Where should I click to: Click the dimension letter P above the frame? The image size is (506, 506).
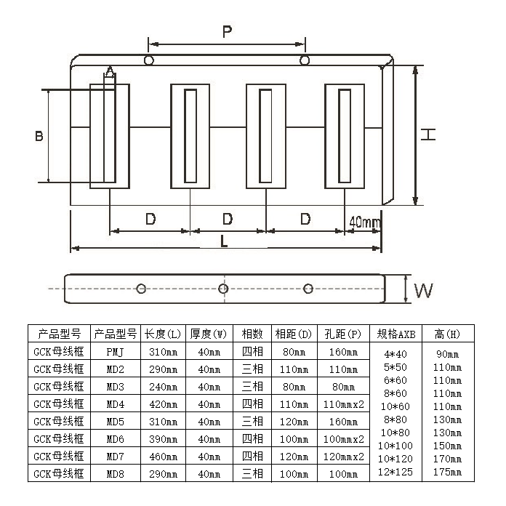(227, 31)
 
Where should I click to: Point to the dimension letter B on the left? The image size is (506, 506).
(39, 135)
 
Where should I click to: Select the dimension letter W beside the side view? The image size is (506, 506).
(424, 290)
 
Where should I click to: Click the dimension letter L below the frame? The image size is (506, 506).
(224, 241)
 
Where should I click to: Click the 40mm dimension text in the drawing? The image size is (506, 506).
(365, 221)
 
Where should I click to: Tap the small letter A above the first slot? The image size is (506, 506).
(110, 71)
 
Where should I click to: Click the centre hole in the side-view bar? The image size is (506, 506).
(224, 289)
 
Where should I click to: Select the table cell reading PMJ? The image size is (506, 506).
(116, 352)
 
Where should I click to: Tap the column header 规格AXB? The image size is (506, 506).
(396, 334)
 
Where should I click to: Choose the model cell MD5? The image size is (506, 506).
(116, 422)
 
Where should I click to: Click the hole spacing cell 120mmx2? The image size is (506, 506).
(343, 457)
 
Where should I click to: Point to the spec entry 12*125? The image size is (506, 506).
(396, 472)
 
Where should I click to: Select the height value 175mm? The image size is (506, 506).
(447, 472)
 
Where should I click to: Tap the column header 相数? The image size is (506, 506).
(252, 334)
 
